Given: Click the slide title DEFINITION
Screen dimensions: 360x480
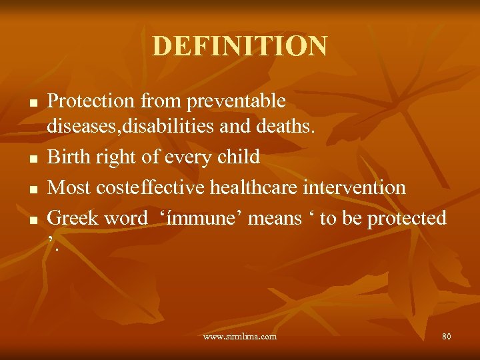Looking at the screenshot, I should (240, 46).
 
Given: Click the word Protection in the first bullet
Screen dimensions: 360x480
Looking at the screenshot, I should (92, 101).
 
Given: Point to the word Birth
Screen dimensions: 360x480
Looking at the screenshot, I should (68, 157).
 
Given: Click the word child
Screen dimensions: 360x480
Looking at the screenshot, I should (238, 157).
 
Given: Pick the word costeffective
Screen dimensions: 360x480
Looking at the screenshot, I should (151, 187).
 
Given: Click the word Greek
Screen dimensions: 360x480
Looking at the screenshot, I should (71, 218).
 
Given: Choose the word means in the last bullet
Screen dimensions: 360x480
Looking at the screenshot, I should (274, 218).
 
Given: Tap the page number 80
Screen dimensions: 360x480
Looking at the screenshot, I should (446, 337).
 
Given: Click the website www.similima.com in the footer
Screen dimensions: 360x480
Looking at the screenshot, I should (240, 337).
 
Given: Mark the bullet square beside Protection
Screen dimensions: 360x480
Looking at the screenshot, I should (32, 103).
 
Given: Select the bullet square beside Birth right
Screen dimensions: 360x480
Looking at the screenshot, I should (32, 159).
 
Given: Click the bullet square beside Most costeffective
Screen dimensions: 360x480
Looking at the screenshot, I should (32, 189).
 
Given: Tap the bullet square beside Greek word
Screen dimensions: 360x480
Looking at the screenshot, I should (32, 219).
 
